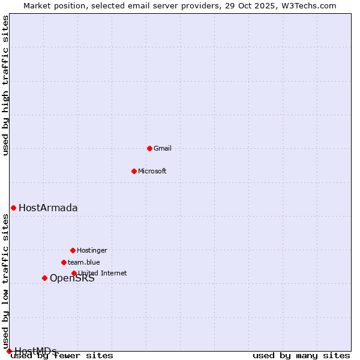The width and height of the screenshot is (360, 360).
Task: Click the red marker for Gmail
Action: pos(149,148)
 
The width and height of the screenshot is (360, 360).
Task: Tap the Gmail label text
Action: pos(163,148)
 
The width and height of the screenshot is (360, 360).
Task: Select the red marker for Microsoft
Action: pos(134,171)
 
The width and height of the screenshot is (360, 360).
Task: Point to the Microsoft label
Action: pos(152,171)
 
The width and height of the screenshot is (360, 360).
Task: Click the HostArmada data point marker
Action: pos(13,208)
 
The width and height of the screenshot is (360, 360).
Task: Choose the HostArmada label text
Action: pos(48,208)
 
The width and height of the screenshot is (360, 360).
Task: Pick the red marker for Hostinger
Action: pos(73,250)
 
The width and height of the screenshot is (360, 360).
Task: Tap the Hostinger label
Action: pos(92,250)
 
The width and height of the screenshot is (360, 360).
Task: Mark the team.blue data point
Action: pos(64,262)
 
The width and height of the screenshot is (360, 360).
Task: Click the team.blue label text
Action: pos(83,262)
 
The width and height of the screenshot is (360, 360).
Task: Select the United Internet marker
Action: pos(74,273)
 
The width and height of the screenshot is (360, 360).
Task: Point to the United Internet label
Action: pos(103,273)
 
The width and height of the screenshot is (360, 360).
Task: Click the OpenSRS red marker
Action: pos(44,278)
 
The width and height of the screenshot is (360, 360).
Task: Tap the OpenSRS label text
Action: pos(72,278)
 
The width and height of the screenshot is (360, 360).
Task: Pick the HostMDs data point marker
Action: pos(9,351)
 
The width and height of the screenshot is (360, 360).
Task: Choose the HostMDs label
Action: pos(35,351)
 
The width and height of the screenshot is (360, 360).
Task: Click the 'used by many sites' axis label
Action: pos(301,356)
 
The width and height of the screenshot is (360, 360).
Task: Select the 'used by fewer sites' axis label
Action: pos(62,356)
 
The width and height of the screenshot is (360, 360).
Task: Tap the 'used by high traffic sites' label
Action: pos(6,85)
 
